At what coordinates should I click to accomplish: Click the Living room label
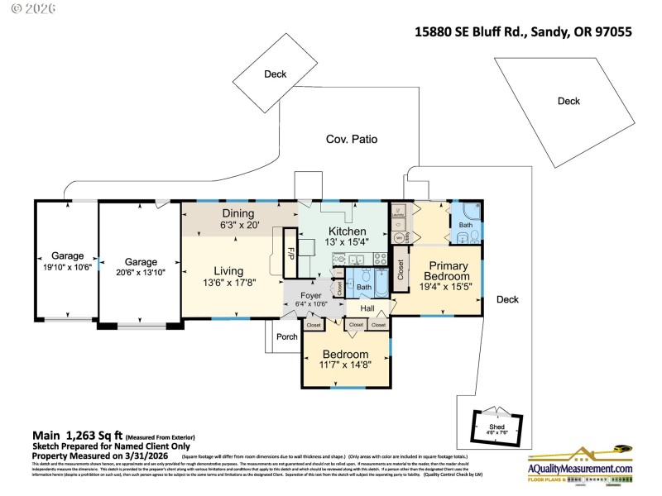(228, 270)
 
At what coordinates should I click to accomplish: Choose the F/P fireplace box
(290, 250)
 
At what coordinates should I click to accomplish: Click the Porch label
(287, 336)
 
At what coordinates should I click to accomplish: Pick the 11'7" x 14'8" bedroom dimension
(345, 364)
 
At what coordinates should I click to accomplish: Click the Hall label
(367, 308)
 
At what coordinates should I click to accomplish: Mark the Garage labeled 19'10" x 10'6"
(68, 261)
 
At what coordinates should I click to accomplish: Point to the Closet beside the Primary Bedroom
(401, 269)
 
